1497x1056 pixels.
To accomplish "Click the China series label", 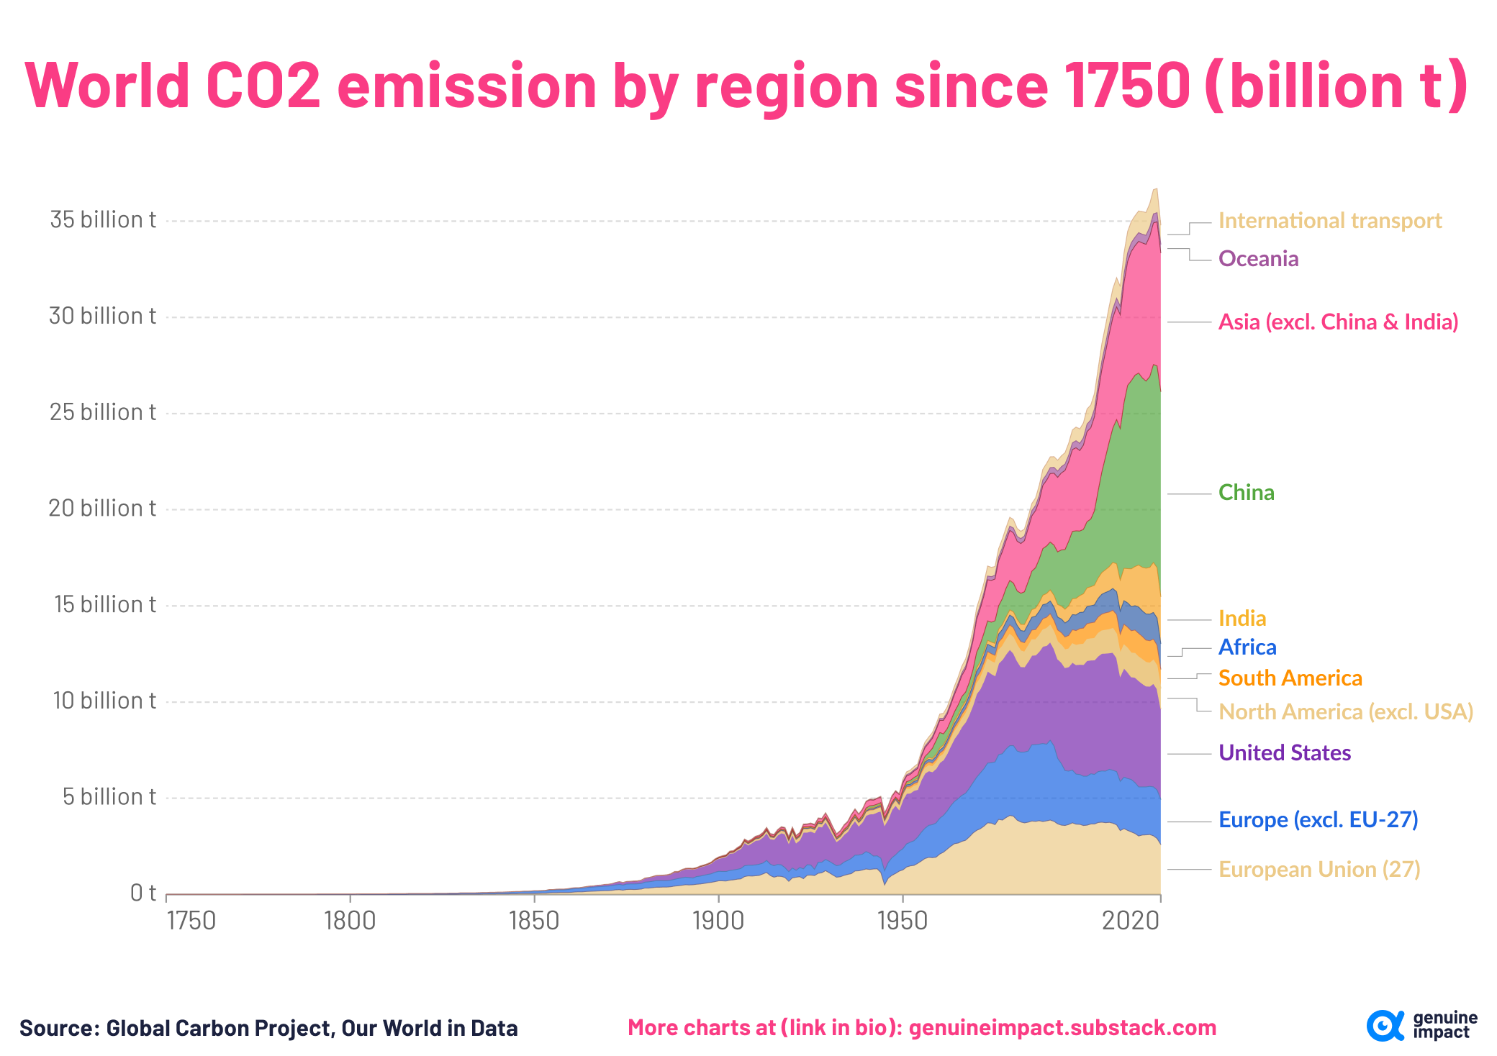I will (1246, 493).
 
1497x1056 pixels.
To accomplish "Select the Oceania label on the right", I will (1258, 259).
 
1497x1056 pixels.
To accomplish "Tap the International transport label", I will (1329, 221).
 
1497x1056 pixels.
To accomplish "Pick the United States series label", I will (1284, 753).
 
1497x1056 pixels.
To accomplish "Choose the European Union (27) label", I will (1319, 870).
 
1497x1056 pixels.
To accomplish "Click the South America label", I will (1290, 678).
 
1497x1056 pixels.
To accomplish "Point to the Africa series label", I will (1247, 647).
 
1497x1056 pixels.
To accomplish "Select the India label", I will (1242, 619).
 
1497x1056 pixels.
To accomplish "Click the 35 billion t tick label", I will (102, 220).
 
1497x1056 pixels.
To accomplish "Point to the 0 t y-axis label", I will (143, 893).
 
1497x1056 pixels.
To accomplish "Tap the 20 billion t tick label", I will (102, 509).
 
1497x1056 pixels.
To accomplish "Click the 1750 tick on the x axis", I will (191, 921).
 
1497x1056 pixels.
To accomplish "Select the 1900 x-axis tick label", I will (718, 921).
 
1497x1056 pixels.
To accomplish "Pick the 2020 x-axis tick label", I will (1131, 921).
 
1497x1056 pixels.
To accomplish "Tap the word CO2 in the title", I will (263, 86).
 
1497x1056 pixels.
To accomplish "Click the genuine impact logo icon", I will (1384, 1026).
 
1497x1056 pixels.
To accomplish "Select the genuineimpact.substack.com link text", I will (1062, 1028).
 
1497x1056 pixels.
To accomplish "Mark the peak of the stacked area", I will (1155, 189).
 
